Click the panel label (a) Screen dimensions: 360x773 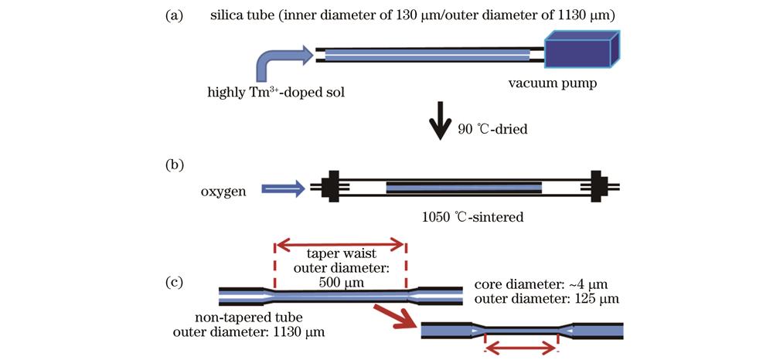pos(174,15)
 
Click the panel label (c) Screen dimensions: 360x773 pos(174,281)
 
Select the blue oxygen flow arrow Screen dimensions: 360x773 pos(282,187)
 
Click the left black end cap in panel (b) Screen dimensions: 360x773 pos(333,186)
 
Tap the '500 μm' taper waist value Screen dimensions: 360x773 pos(339,282)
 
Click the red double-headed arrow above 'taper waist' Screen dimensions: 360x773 pos(340,246)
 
